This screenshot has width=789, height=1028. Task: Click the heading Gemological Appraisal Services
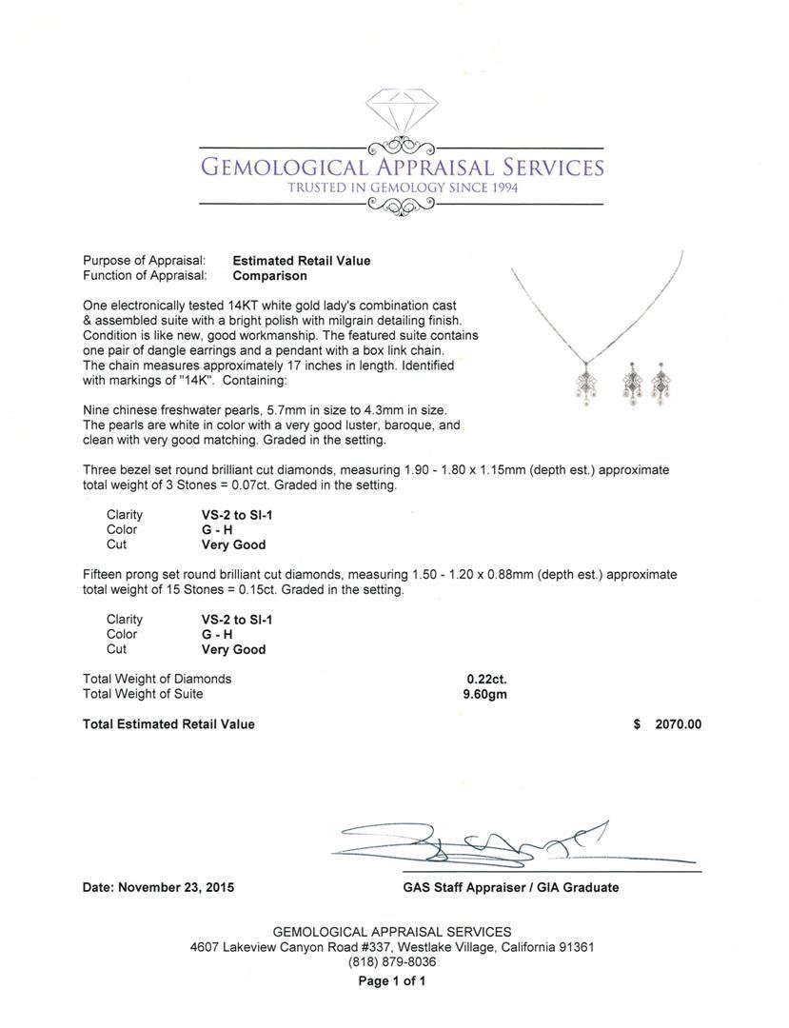pos(401,168)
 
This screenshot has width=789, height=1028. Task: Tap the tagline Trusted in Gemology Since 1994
pos(403,188)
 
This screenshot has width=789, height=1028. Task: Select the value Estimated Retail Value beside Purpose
pos(302,261)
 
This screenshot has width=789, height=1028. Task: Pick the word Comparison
pos(270,276)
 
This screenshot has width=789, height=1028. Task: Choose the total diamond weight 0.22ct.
pos(486,679)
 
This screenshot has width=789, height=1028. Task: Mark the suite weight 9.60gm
pos(484,694)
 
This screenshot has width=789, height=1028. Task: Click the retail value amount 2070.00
pos(678,724)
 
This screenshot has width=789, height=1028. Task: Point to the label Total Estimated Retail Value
pos(168,724)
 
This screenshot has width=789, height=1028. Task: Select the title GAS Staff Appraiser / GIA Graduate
pos(510,887)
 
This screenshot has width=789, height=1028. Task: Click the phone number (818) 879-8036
pos(392,962)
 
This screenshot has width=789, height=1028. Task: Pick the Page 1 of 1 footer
pos(392,980)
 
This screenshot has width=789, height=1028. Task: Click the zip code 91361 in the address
pos(575,947)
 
